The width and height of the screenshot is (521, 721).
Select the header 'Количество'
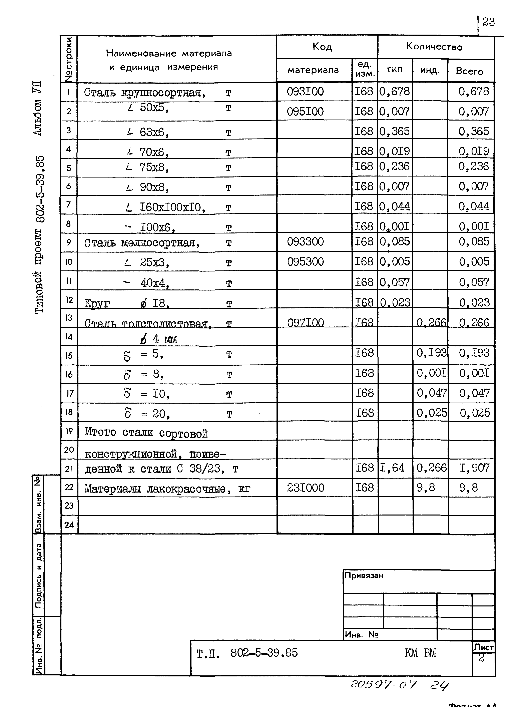coord(434,47)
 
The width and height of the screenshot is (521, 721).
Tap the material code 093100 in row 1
coord(305,92)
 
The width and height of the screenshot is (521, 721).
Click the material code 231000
coord(306,488)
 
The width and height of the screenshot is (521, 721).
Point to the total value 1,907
coord(474,468)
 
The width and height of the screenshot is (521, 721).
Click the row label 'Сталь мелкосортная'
coord(142,243)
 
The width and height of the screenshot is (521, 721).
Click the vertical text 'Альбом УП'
coord(38,108)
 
